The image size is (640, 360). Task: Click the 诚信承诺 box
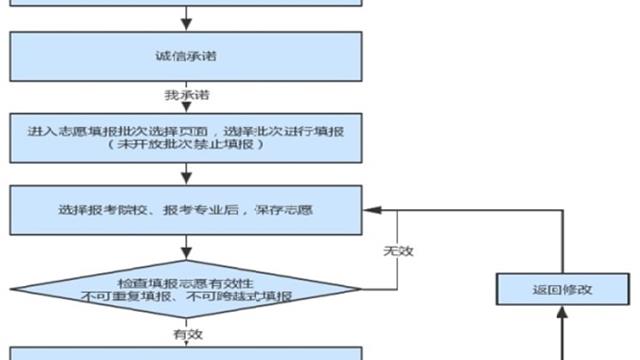[187, 55]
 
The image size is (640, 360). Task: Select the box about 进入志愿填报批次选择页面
[187, 138]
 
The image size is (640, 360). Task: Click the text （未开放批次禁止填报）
[187, 146]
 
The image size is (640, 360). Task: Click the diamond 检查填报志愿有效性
[187, 290]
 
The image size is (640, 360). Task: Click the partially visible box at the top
[187, 3]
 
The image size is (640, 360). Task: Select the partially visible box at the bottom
[187, 354]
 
